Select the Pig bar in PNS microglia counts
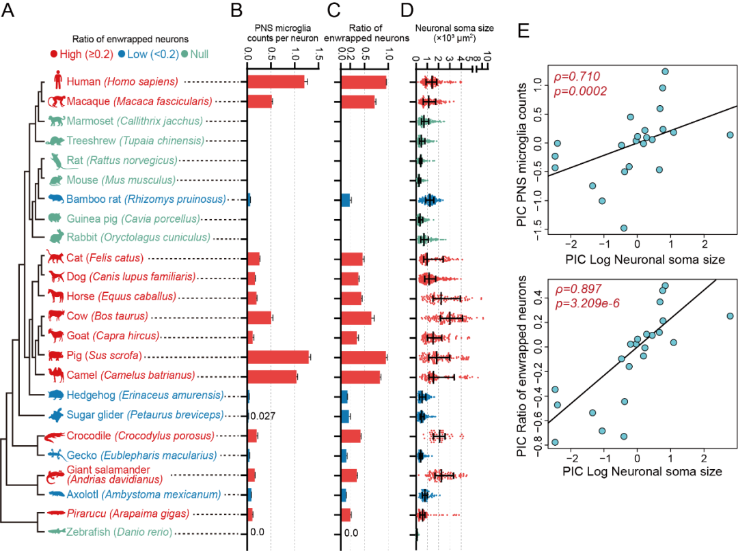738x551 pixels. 278,356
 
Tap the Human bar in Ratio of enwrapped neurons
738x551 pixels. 364,82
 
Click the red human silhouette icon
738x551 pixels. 58,81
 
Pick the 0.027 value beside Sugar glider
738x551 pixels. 263,416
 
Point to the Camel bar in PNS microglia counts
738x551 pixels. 272,376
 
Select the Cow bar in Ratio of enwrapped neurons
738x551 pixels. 356,317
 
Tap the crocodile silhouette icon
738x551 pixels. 55,436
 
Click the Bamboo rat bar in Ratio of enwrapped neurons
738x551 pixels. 346,200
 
